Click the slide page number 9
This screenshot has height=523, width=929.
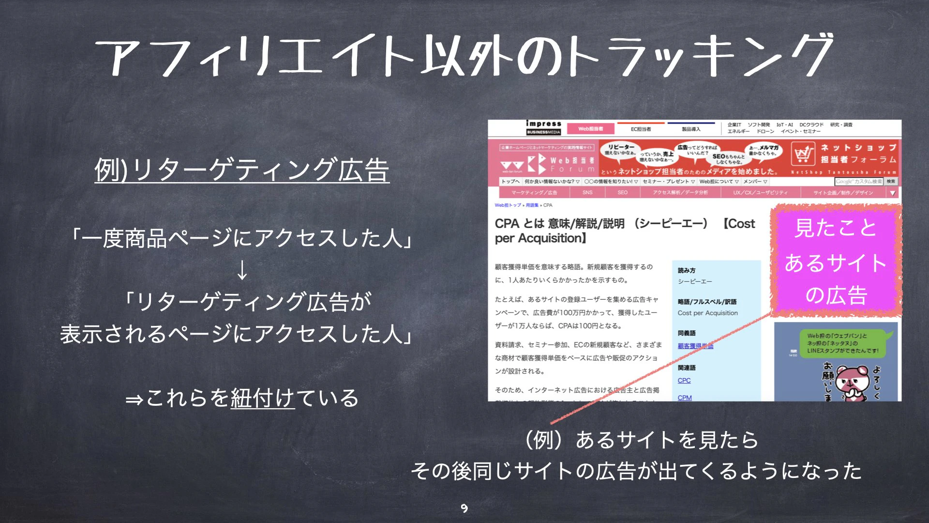click(464, 508)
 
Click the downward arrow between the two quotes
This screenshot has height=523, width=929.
click(242, 270)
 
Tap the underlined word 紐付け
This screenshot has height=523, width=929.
click(262, 398)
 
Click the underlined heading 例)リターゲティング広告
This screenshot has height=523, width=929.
click(242, 170)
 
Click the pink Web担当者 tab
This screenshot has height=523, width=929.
click(590, 129)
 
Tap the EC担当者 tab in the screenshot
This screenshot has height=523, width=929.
click(641, 129)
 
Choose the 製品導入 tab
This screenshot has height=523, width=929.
click(691, 129)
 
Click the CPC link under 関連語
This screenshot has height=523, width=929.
click(684, 381)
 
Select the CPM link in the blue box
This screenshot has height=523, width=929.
click(685, 398)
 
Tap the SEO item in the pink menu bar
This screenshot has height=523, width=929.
click(622, 193)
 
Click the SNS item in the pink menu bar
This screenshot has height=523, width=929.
click(587, 193)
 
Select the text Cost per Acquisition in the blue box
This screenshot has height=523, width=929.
click(707, 313)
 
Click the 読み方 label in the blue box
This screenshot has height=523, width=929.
click(687, 270)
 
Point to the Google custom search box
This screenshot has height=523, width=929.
click(858, 182)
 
